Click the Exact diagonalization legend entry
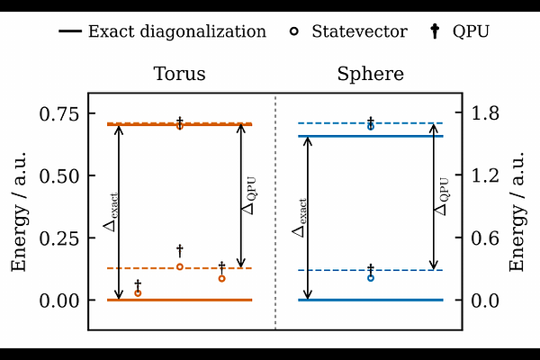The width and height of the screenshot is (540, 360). (163, 31)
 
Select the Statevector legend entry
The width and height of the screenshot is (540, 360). (348, 31)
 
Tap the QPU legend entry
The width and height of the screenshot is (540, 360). (460, 31)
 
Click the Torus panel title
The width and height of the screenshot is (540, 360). (179, 74)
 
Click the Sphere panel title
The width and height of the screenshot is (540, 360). (370, 74)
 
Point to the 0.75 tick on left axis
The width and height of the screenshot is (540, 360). (59, 114)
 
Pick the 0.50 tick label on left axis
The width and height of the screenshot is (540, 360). (59, 176)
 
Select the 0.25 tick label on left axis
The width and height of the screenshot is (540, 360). (59, 238)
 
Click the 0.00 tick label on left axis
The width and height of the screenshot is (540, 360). (59, 301)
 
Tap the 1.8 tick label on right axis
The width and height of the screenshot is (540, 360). (485, 113)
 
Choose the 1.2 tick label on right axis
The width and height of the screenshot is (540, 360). (485, 175)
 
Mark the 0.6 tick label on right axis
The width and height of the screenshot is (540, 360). (485, 238)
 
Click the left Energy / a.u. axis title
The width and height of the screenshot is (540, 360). (19, 211)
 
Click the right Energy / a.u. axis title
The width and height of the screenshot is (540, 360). (517, 211)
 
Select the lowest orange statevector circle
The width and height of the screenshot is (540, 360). (138, 293)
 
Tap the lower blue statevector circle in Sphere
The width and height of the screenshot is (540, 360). (371, 278)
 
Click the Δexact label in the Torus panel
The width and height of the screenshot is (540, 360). (111, 212)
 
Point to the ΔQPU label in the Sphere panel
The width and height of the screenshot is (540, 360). (442, 196)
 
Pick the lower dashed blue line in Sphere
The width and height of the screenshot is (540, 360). (371, 270)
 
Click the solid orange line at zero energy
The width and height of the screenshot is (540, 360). (179, 300)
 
